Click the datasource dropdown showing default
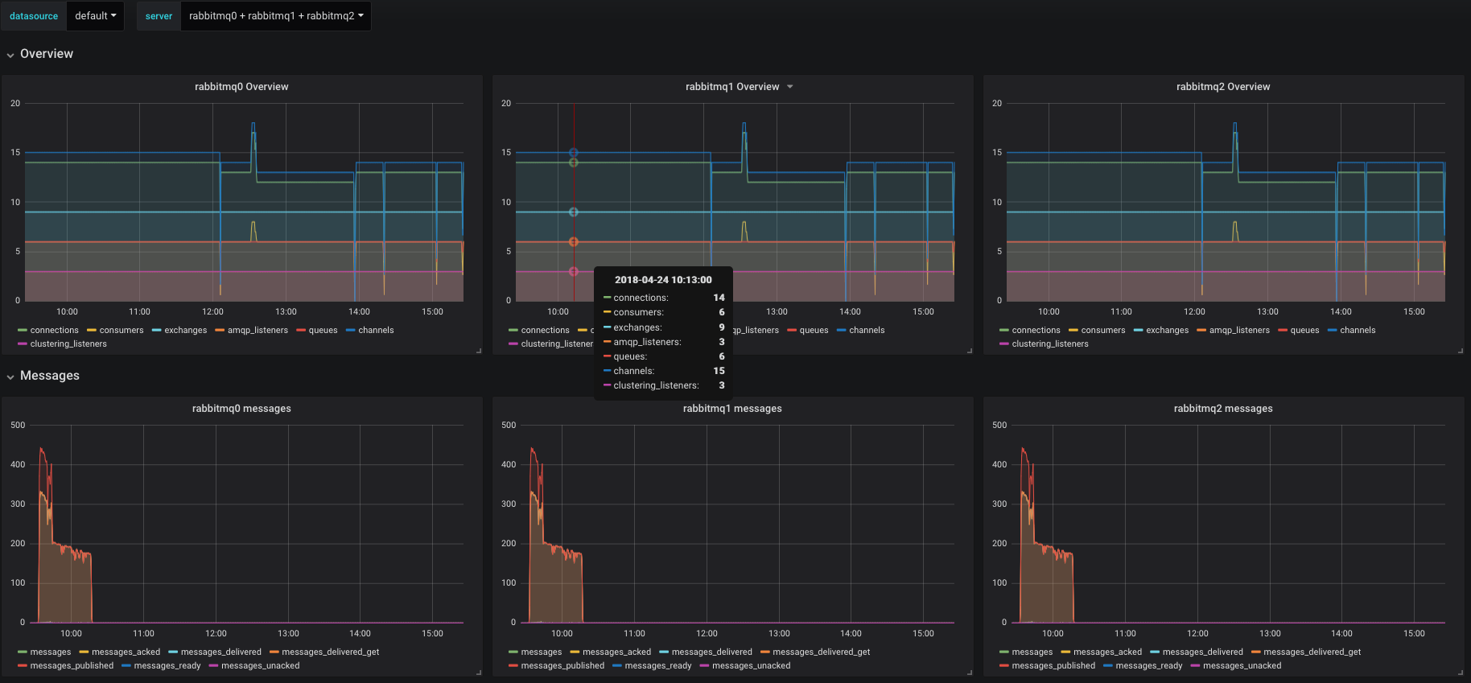(x=95, y=16)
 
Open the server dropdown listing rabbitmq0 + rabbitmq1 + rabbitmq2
(x=276, y=16)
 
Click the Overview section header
(x=46, y=54)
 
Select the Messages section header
(x=49, y=376)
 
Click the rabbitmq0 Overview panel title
(x=241, y=87)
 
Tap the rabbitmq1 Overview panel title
(x=732, y=87)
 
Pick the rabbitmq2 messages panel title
(x=1223, y=409)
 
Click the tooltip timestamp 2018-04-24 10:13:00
(x=663, y=280)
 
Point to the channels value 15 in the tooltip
(x=719, y=371)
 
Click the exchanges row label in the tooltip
(x=637, y=327)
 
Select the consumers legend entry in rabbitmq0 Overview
(x=122, y=331)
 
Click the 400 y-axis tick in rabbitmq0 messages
(x=18, y=465)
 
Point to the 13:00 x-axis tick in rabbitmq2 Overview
(x=1267, y=312)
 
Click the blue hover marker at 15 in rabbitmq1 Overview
(x=574, y=153)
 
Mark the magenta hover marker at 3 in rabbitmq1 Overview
(x=574, y=272)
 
